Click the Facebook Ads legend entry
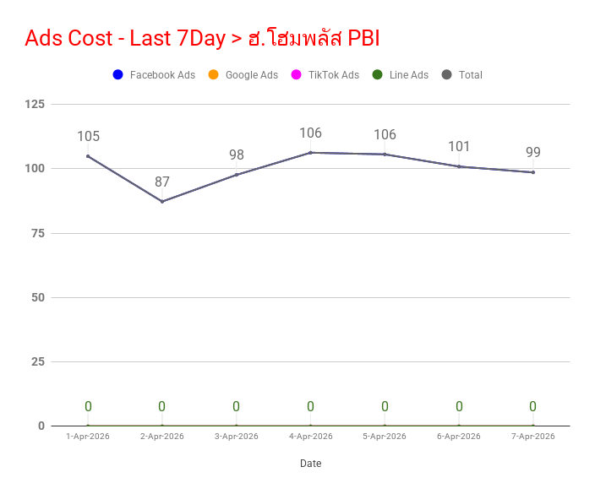click(x=154, y=74)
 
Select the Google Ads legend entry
click(x=243, y=74)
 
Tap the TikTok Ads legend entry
click(x=325, y=74)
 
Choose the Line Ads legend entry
click(x=401, y=74)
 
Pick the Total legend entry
click(x=462, y=74)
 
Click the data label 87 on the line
click(x=162, y=182)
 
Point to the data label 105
click(x=89, y=137)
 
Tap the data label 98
click(x=237, y=155)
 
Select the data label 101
click(x=459, y=146)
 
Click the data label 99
click(x=533, y=152)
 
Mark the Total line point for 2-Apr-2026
click(x=162, y=201)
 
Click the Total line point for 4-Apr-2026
click(x=310, y=153)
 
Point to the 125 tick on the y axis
click(x=35, y=104)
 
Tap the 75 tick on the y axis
click(x=38, y=234)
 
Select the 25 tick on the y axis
click(x=38, y=361)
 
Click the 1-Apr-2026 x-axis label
click(x=88, y=437)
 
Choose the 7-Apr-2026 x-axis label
click(x=533, y=437)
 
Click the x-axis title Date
click(x=311, y=464)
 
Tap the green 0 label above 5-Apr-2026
click(x=385, y=406)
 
